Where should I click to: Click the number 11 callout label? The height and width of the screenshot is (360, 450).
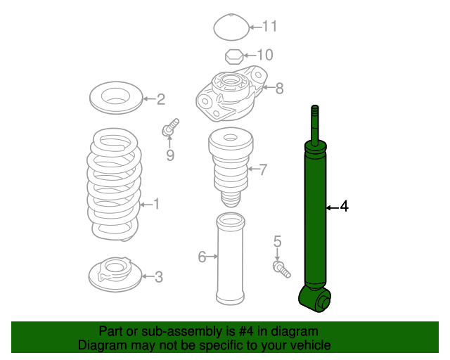[x=270, y=27]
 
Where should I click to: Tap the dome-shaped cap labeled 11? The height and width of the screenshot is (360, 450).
[x=231, y=27]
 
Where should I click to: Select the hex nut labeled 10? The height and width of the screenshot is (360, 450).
[x=234, y=56]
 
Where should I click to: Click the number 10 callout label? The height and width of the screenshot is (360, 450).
[x=265, y=55]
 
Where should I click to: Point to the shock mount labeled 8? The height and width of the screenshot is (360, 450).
[x=231, y=94]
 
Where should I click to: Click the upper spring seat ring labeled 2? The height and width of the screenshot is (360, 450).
[x=116, y=98]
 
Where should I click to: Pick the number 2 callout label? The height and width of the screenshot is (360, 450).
[x=161, y=99]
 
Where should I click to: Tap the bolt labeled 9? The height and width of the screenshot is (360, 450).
[x=170, y=128]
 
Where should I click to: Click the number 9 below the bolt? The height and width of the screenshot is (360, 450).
[x=170, y=155]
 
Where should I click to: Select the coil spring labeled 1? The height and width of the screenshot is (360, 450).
[x=114, y=184]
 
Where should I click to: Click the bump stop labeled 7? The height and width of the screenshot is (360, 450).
[x=231, y=167]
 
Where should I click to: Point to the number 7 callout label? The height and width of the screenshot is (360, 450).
[x=263, y=169]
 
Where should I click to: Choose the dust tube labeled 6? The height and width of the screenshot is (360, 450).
[x=230, y=258]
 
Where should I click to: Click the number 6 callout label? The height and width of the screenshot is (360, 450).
[x=202, y=257]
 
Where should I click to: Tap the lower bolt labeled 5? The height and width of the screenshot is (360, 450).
[x=281, y=269]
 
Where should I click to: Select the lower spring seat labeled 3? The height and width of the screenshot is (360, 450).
[x=115, y=274]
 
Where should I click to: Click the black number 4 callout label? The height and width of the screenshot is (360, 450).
[x=344, y=207]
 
